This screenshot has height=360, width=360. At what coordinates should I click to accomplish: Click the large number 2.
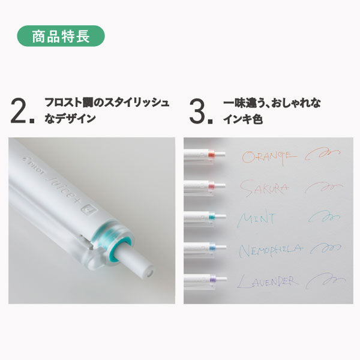coord(22,110)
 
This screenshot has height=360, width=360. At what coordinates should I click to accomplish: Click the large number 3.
coord(200,110)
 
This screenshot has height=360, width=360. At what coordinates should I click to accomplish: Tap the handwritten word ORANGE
coord(269,157)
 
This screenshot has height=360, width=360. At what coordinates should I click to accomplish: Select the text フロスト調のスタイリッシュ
coord(107,103)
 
